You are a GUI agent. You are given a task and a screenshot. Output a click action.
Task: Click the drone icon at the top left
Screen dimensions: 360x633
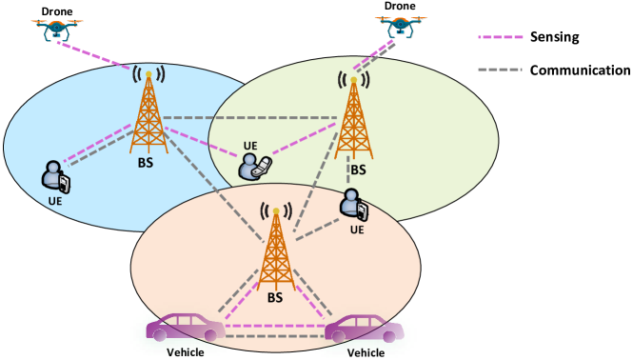pyautogui.click(x=59, y=30)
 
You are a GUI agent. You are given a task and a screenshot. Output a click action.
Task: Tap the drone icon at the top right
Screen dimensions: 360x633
pyautogui.click(x=401, y=28)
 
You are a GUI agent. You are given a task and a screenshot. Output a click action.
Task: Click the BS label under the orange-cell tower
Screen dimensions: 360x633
pyautogui.click(x=276, y=297)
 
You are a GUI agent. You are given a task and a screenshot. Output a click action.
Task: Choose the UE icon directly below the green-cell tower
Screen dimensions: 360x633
pyautogui.click(x=354, y=205)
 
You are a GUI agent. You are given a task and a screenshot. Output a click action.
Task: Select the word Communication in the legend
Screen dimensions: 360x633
pyautogui.click(x=581, y=70)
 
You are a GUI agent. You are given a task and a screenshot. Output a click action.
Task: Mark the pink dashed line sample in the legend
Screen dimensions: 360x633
pyautogui.click(x=501, y=38)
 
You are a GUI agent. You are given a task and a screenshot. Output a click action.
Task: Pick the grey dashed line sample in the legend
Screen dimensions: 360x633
pyautogui.click(x=501, y=70)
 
